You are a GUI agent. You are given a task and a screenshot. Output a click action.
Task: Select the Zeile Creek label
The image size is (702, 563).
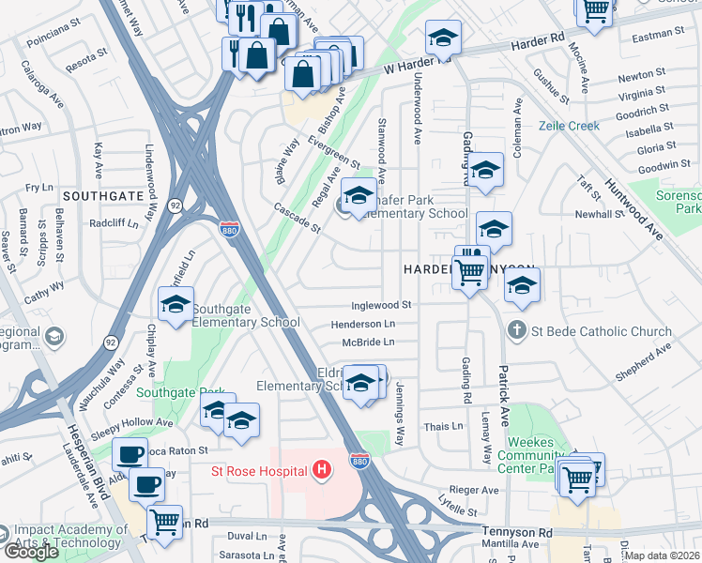[569, 125]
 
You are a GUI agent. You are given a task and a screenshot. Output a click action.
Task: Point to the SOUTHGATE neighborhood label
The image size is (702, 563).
[102, 196]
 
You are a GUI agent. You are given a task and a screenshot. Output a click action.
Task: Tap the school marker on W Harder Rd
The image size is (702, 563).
[443, 39]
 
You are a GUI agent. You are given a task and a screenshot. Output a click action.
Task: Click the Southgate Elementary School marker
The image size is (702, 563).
[175, 304]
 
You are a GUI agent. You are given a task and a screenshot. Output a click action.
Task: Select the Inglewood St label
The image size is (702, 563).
[381, 305]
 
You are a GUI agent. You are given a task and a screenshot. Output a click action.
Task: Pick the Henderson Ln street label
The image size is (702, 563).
[362, 324]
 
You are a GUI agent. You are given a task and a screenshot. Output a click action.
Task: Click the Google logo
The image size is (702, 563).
[31, 552]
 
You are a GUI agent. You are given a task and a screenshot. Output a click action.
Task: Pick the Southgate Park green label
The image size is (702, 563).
[172, 392]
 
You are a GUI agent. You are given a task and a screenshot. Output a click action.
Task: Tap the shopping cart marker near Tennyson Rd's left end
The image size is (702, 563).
[165, 522]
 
